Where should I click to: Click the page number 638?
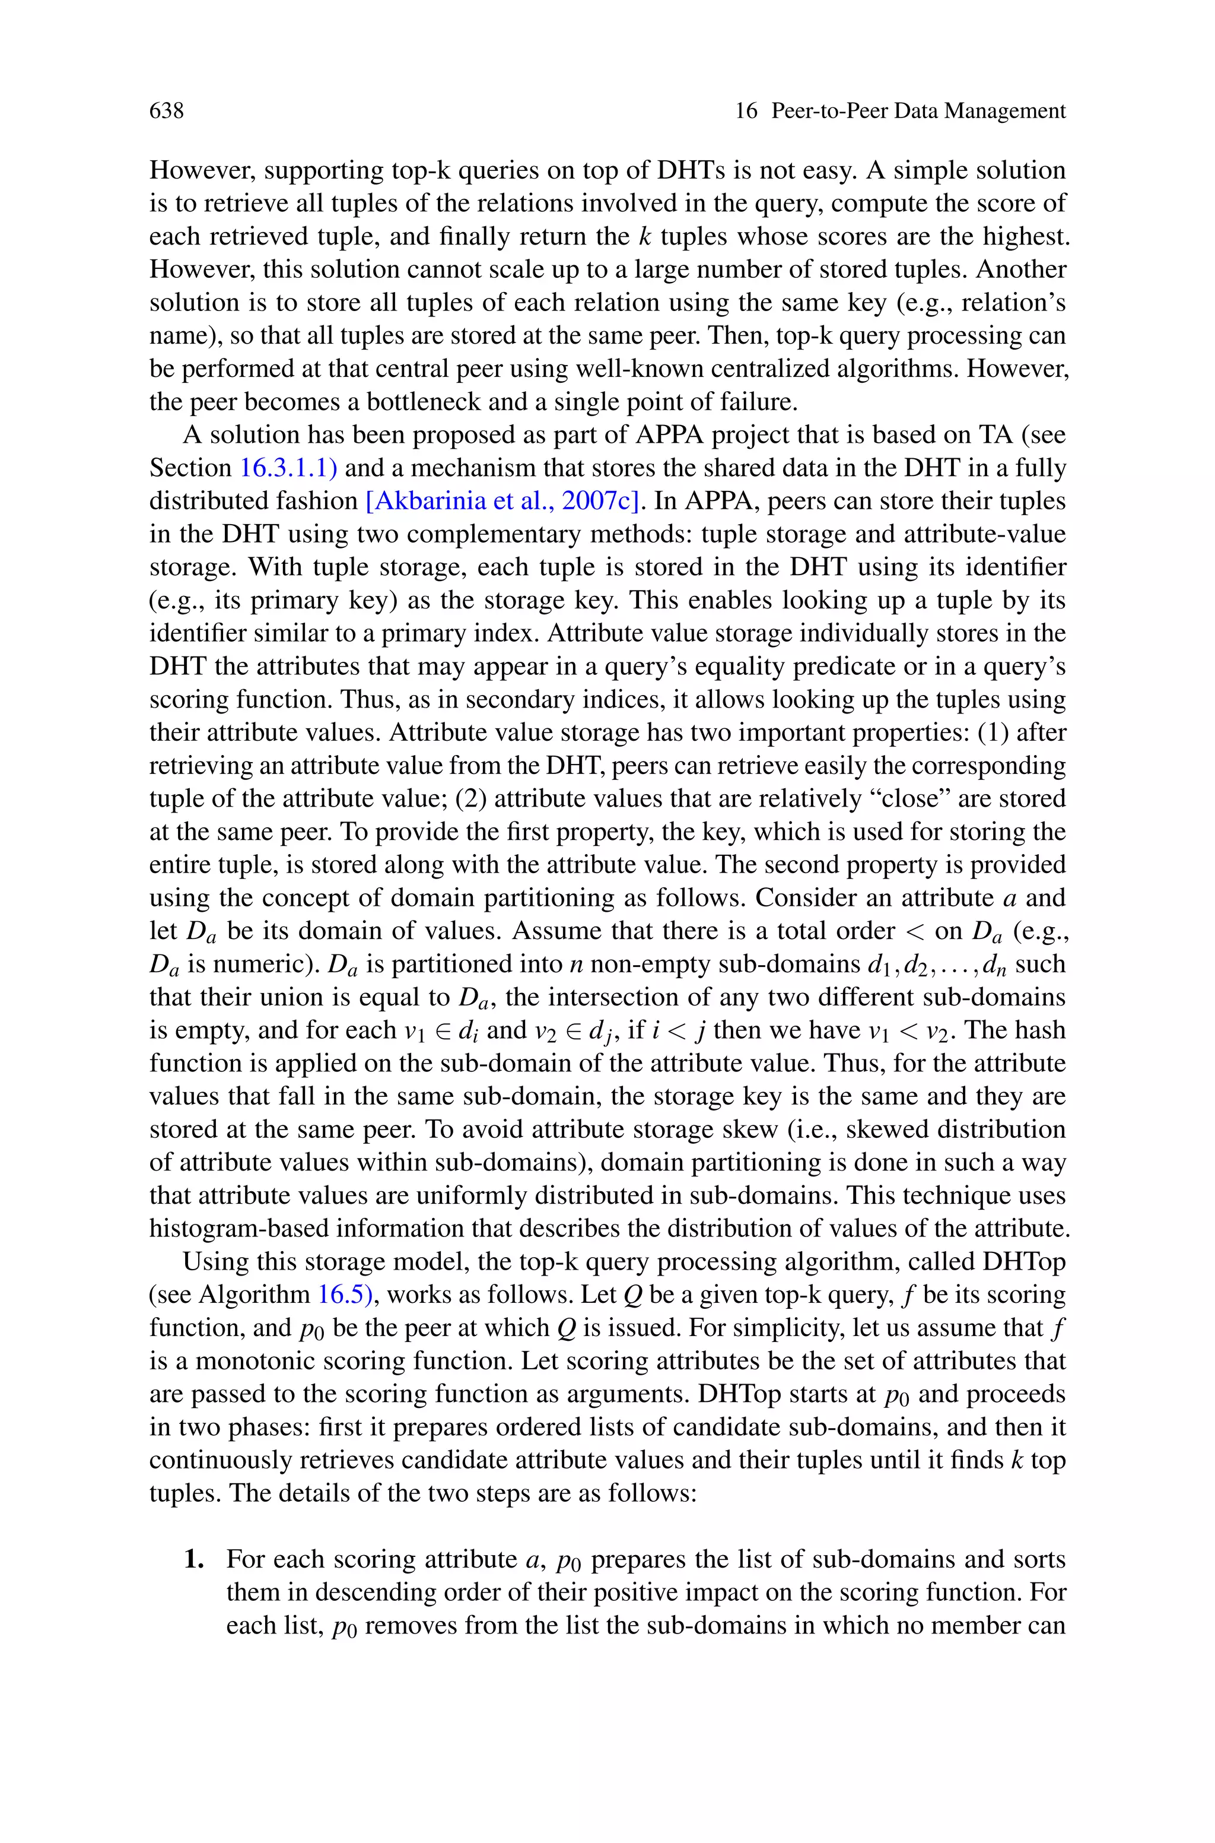pyautogui.click(x=166, y=111)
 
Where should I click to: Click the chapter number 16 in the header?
pyautogui.click(x=745, y=111)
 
